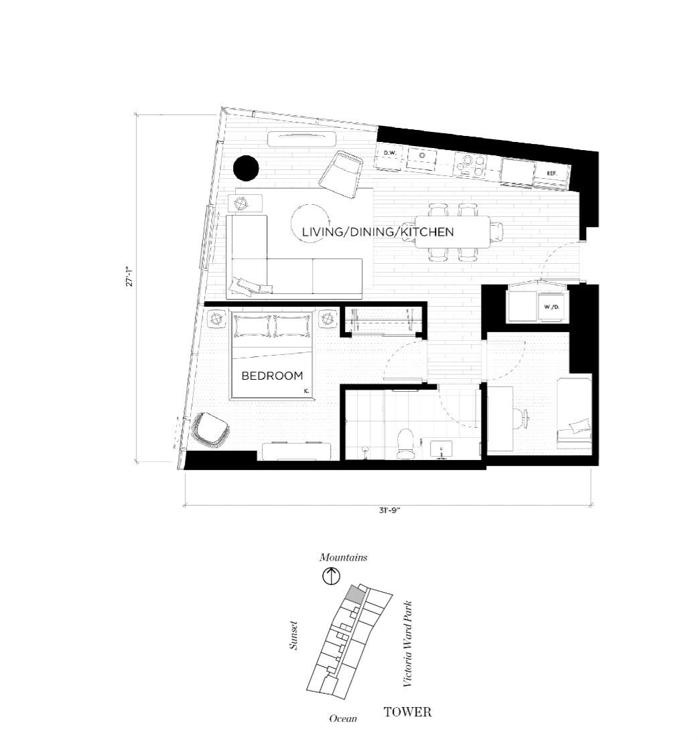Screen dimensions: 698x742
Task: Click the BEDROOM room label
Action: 272,376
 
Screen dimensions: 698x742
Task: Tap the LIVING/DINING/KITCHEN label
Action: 378,232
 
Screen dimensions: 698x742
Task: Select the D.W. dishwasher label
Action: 389,153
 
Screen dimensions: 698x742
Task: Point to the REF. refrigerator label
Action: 552,173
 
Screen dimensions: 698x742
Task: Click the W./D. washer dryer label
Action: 551,307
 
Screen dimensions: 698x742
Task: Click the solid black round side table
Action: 246,168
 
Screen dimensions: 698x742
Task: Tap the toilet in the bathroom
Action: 405,443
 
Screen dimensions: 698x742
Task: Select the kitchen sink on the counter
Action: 421,157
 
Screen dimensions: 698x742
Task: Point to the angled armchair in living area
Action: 341,173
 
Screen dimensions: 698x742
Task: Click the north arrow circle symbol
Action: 332,577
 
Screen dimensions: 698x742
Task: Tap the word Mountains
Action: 343,557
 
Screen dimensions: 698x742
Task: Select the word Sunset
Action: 294,636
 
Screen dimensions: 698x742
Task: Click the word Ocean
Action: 343,719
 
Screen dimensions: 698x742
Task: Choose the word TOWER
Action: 407,712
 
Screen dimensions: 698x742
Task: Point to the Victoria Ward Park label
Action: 407,644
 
